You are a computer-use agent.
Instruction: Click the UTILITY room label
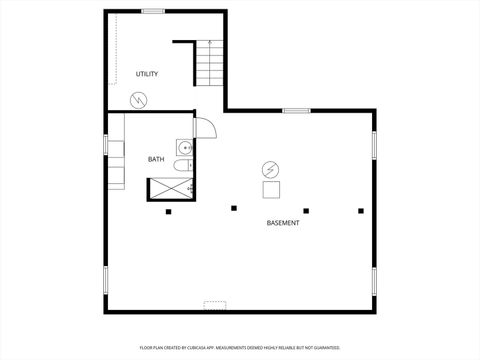pyautogui.click(x=147, y=74)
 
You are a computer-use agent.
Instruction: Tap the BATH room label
pyautogui.click(x=156, y=159)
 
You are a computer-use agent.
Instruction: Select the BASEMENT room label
pyautogui.click(x=283, y=222)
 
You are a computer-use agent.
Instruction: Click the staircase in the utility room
pyautogui.click(x=209, y=65)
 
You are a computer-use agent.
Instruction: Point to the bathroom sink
pyautogui.click(x=185, y=147)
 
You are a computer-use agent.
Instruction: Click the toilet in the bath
pyautogui.click(x=182, y=165)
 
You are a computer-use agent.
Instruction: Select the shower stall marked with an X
pyautogui.click(x=168, y=186)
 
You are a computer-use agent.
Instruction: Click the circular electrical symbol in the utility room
pyautogui.click(x=139, y=99)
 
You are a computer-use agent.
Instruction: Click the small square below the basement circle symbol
pyautogui.click(x=271, y=188)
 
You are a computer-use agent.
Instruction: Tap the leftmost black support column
pyautogui.click(x=168, y=211)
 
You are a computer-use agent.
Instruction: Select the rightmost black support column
pyautogui.click(x=361, y=210)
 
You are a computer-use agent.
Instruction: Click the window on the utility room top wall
pyautogui.click(x=153, y=11)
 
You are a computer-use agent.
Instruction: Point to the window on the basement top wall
pyautogui.click(x=294, y=110)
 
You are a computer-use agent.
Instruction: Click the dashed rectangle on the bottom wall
pyautogui.click(x=216, y=303)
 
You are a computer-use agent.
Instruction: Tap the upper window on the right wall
pyautogui.click(x=374, y=145)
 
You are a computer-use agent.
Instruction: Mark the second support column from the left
pyautogui.click(x=234, y=208)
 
